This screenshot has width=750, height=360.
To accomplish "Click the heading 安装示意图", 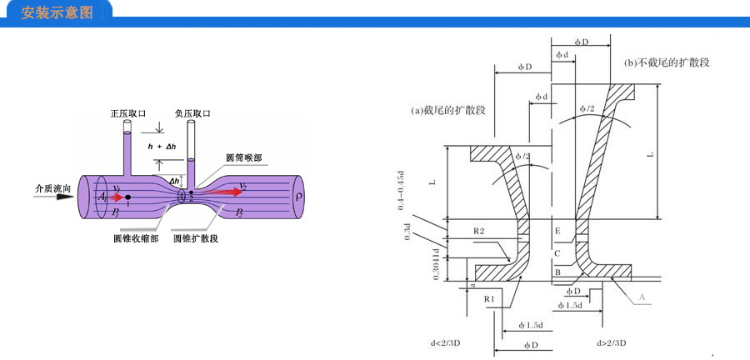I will (x=56, y=14).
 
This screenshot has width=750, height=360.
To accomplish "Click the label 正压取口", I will (x=127, y=112).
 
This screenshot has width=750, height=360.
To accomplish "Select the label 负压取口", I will (x=192, y=112).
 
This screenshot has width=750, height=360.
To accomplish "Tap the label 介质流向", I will (x=52, y=188).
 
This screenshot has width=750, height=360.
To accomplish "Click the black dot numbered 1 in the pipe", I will (x=127, y=197).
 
